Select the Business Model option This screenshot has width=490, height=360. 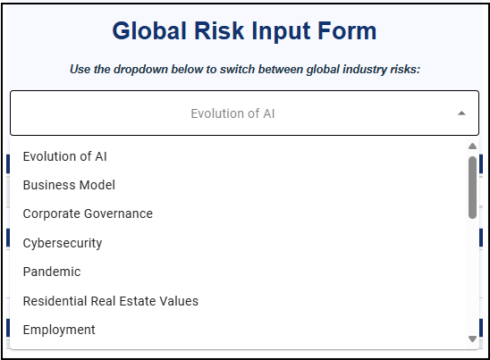[x=69, y=185]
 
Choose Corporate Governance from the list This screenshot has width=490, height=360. [x=88, y=213]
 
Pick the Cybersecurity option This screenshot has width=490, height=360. [x=63, y=243]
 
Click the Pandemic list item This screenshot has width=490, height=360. [x=52, y=272]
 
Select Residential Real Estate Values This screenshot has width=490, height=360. [x=111, y=301]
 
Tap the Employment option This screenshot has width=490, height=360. [x=59, y=330]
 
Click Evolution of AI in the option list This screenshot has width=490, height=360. [x=65, y=156]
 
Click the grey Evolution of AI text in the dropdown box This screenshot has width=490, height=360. [x=232, y=113]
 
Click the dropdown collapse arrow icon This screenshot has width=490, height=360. [x=461, y=113]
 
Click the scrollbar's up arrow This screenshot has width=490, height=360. [x=472, y=147]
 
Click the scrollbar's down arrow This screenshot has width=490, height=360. [x=472, y=339]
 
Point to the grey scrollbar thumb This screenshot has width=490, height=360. [x=472, y=188]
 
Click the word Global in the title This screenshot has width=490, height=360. [x=149, y=31]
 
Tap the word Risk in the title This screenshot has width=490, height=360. [x=219, y=31]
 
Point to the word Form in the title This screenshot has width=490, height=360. [x=347, y=31]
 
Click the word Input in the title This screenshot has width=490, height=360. [x=281, y=32]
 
